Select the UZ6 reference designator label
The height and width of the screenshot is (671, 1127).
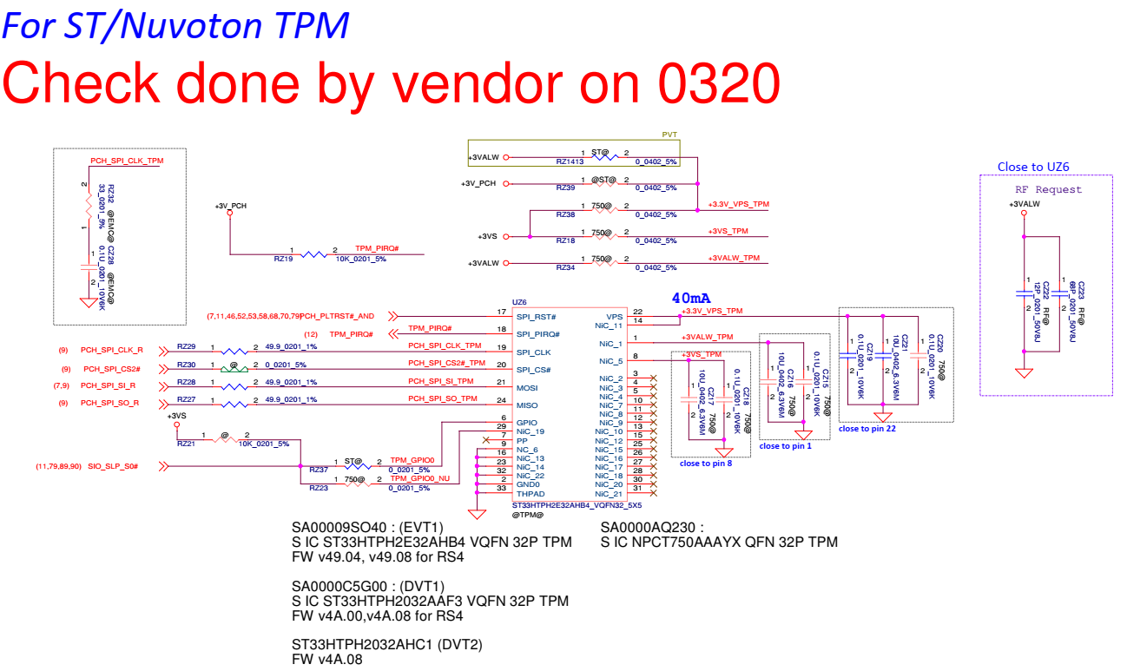point(520,302)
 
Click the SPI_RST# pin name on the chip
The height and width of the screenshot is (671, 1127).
point(536,316)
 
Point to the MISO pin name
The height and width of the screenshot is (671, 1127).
point(526,405)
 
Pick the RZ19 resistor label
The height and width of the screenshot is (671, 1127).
point(283,258)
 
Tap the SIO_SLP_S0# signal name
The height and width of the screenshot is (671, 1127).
point(113,466)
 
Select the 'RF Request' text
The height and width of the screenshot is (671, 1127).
point(1049,189)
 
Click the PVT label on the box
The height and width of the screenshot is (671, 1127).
point(669,135)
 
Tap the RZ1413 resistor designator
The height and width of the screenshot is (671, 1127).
point(570,162)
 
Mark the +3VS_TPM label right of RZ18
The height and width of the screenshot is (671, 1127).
point(728,232)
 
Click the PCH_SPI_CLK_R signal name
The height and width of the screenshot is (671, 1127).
point(112,351)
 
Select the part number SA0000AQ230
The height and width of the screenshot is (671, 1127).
point(651,527)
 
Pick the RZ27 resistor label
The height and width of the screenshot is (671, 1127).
point(186,399)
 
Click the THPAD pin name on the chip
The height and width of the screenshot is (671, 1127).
point(530,494)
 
